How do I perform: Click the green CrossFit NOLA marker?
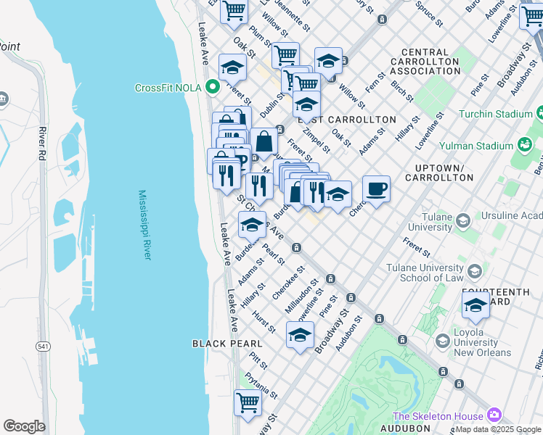[x=213, y=88]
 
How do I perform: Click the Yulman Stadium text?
[x=486, y=146]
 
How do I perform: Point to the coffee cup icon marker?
[x=376, y=190]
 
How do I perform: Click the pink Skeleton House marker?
[x=494, y=415]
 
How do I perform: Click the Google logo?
[x=24, y=426]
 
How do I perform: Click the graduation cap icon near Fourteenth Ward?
[x=475, y=305]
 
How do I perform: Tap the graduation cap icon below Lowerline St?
[x=299, y=335]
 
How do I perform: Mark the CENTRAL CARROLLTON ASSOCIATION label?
[x=430, y=62]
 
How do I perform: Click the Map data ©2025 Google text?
[x=498, y=429]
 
